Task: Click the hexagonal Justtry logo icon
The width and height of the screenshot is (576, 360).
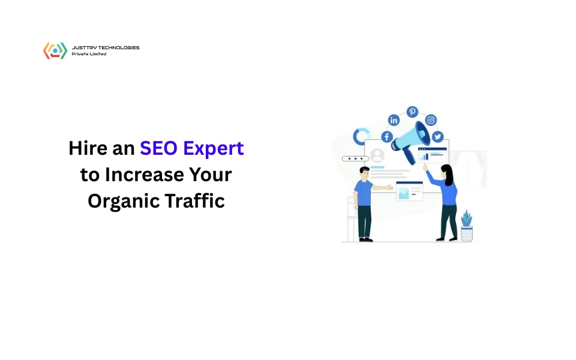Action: (55, 50)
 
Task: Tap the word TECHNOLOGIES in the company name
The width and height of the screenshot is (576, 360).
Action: (118, 47)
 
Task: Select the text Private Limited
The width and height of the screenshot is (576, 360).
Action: (89, 54)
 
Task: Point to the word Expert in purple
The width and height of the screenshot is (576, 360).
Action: (214, 149)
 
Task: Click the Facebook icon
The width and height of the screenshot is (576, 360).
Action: (386, 137)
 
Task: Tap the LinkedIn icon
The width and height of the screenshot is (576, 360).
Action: (394, 120)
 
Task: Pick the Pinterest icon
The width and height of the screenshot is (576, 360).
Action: (412, 112)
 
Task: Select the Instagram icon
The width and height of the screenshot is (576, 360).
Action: (430, 120)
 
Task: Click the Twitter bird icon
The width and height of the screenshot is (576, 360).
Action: (437, 136)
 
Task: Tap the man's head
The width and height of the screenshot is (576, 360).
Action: (364, 173)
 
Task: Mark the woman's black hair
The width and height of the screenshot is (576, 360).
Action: (446, 172)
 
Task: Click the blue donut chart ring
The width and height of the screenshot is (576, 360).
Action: (361, 136)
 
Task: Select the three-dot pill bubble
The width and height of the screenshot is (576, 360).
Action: (355, 159)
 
